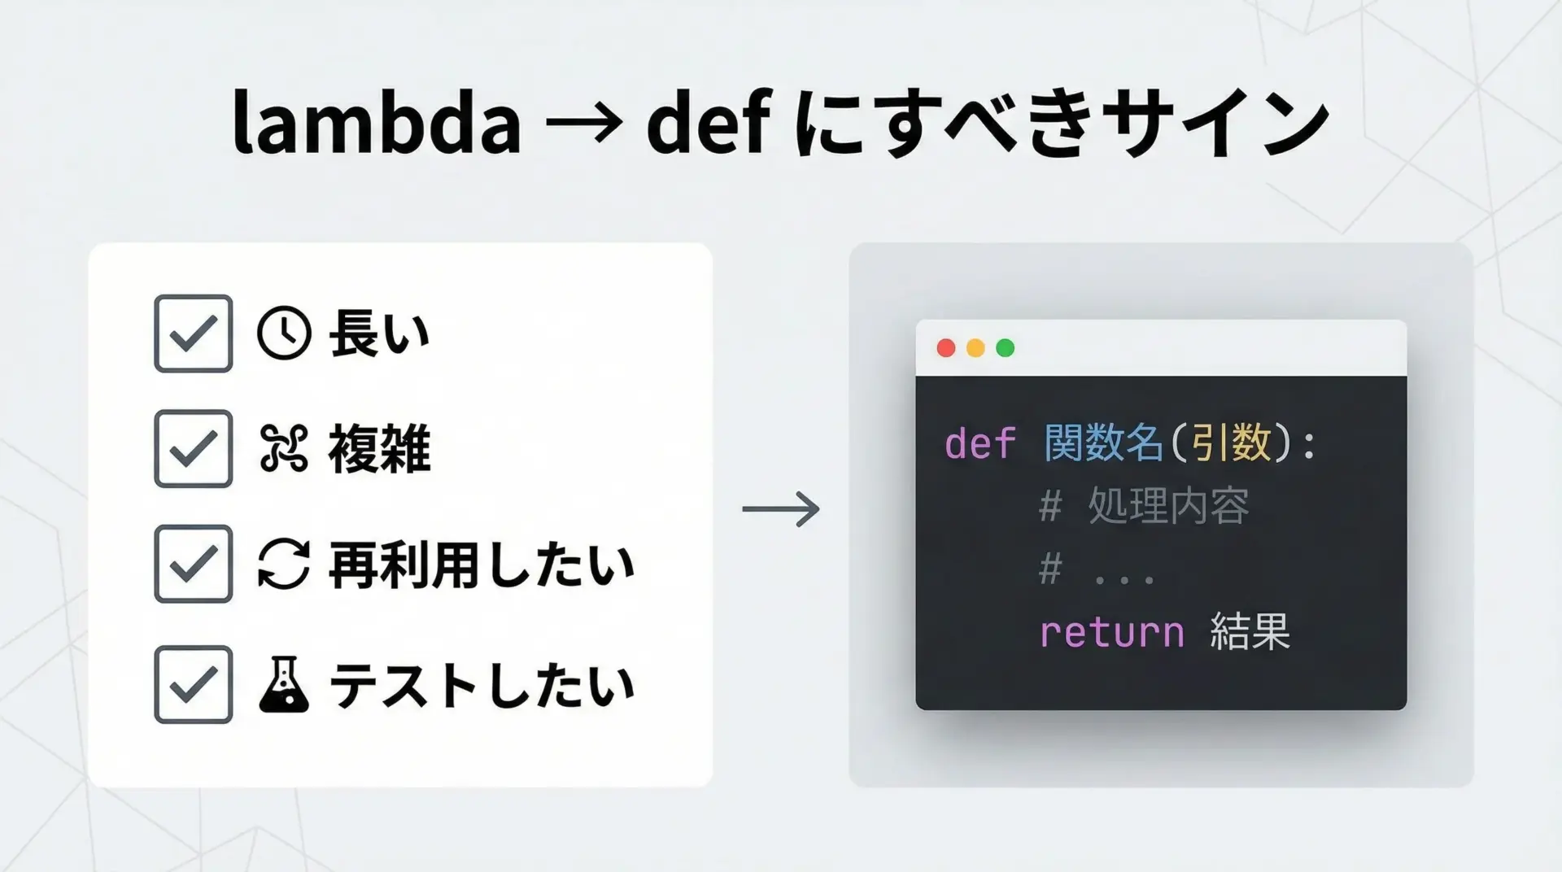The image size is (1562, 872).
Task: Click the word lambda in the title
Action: tap(377, 121)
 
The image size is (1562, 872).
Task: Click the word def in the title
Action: tap(707, 121)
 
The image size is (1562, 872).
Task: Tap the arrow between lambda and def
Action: tap(584, 124)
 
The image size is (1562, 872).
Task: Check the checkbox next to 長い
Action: tap(194, 334)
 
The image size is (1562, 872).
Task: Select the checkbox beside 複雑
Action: tap(194, 449)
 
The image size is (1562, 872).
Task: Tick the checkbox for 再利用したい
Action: tap(194, 564)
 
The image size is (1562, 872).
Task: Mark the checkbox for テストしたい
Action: tap(194, 685)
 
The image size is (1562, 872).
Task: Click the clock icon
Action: tap(284, 334)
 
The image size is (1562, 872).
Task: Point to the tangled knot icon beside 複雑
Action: tap(284, 449)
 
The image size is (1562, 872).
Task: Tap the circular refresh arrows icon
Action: tap(284, 564)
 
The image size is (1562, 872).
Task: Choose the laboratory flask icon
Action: tap(284, 685)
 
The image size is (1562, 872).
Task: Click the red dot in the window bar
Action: tap(946, 348)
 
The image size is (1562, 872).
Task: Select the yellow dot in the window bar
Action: tap(975, 348)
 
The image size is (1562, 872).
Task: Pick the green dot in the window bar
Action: tap(1006, 348)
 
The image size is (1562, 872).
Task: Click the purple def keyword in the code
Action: tap(980, 444)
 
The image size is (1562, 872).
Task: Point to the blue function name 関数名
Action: tap(1104, 443)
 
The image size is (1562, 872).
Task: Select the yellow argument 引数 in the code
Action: tap(1232, 443)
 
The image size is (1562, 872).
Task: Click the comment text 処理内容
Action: tap(1168, 506)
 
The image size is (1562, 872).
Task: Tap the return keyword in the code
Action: tap(1112, 632)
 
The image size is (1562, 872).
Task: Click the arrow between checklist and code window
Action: tap(781, 509)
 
